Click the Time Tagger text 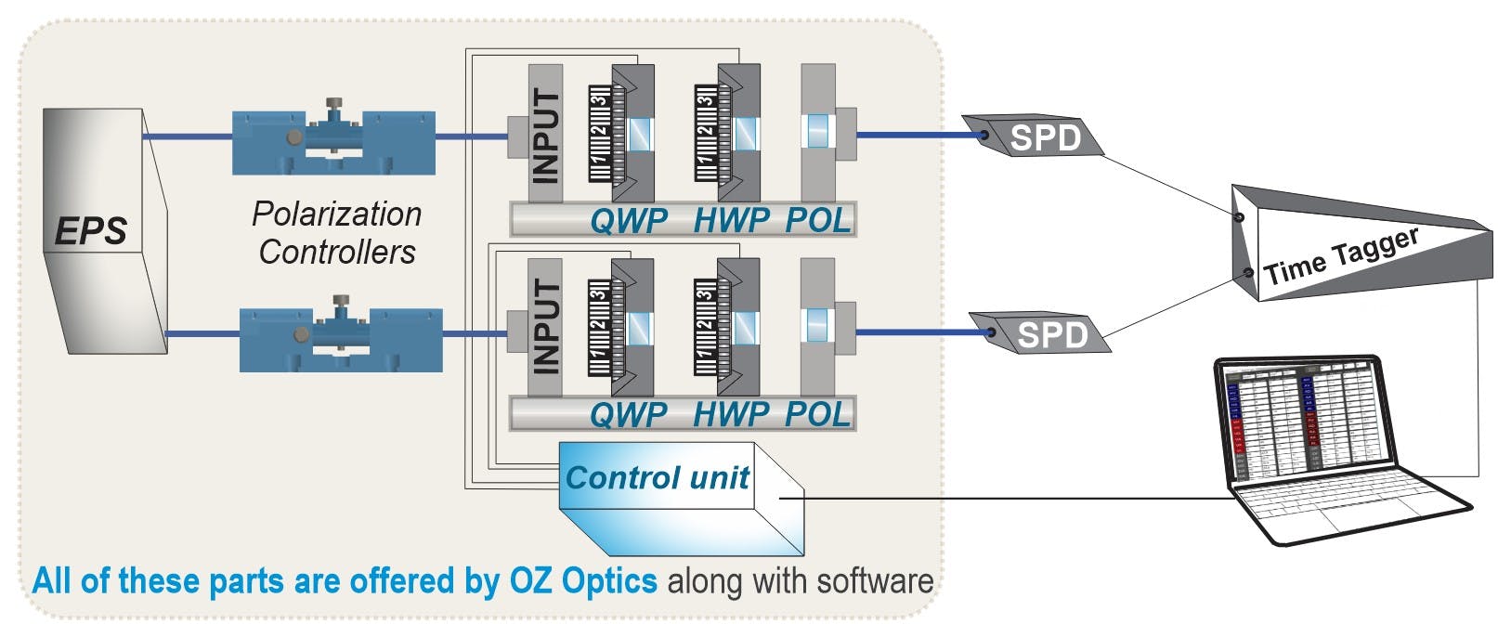[1342, 255]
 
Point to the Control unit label [657, 477]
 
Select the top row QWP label [629, 221]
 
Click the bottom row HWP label [731, 414]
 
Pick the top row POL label [817, 221]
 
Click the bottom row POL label [817, 414]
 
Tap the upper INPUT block [546, 135]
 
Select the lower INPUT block [546, 327]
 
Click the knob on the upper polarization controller [332, 104]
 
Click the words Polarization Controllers [336, 232]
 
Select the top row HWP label [731, 221]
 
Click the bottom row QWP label [629, 414]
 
